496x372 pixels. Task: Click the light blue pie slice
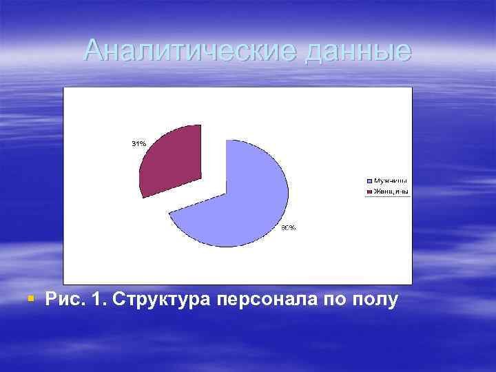click(241, 200)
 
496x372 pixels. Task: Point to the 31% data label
click(138, 144)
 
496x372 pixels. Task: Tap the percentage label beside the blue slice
click(289, 227)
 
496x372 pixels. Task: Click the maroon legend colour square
click(369, 191)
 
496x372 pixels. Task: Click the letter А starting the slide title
click(94, 50)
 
